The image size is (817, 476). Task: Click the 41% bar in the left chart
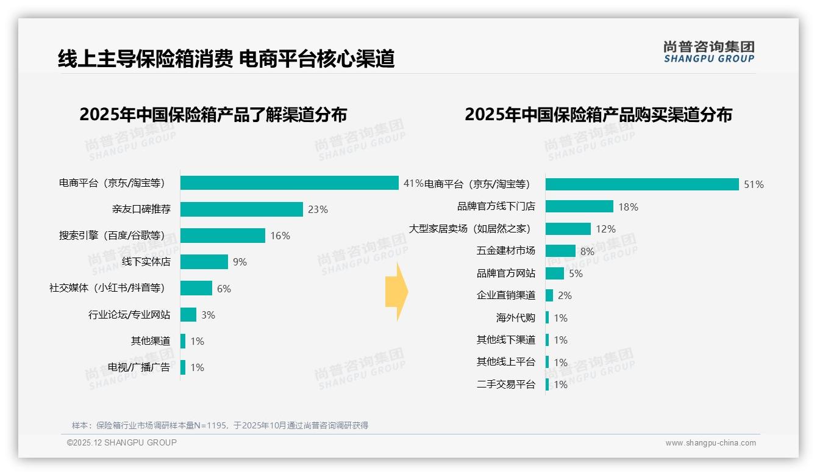click(290, 183)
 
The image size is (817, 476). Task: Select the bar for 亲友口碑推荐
click(241, 209)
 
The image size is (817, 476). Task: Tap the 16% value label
click(280, 236)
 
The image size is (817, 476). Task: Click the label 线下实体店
click(146, 262)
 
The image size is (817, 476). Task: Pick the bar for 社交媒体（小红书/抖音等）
click(196, 288)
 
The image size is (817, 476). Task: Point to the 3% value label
click(208, 315)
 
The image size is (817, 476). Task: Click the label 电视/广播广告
click(139, 367)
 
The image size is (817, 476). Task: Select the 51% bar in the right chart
click(642, 184)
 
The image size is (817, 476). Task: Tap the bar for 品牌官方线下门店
click(579, 206)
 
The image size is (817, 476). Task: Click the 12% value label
click(605, 229)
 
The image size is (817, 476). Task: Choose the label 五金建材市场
click(505, 251)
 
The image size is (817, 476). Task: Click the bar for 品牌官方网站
click(555, 273)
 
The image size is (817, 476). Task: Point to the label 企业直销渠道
click(505, 295)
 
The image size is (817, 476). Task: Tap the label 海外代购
click(515, 318)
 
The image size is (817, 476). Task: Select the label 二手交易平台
click(505, 384)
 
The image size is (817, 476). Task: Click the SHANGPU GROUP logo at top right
click(708, 52)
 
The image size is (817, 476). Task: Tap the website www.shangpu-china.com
click(710, 443)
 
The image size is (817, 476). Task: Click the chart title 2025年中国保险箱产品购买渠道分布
click(598, 115)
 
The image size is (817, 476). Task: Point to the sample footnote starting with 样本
click(220, 425)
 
